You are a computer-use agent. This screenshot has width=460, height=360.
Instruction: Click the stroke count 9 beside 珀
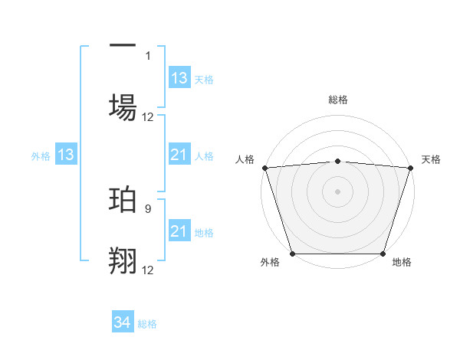[148, 207]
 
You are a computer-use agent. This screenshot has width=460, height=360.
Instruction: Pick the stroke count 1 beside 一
[148, 55]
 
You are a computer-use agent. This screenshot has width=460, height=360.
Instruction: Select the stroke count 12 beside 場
[148, 117]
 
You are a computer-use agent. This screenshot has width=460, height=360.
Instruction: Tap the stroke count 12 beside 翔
[148, 269]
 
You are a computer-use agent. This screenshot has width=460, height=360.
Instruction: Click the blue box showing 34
[123, 323]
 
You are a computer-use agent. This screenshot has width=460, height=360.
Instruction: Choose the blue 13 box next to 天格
[179, 78]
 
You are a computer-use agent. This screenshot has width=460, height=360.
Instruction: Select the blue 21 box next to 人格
[179, 155]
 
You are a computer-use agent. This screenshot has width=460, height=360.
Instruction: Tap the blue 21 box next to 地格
[179, 231]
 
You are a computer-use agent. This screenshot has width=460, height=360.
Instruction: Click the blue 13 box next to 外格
[65, 155]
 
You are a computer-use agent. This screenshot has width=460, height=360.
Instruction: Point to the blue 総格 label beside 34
[147, 324]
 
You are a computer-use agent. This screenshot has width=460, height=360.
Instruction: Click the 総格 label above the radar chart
[337, 100]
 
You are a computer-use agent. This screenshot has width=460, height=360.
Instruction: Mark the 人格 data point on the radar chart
[264, 168]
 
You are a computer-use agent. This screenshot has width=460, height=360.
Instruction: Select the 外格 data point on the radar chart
[292, 254]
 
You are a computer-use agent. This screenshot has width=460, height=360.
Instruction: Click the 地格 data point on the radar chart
[383, 254]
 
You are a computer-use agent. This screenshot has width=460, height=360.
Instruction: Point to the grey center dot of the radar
[337, 191]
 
